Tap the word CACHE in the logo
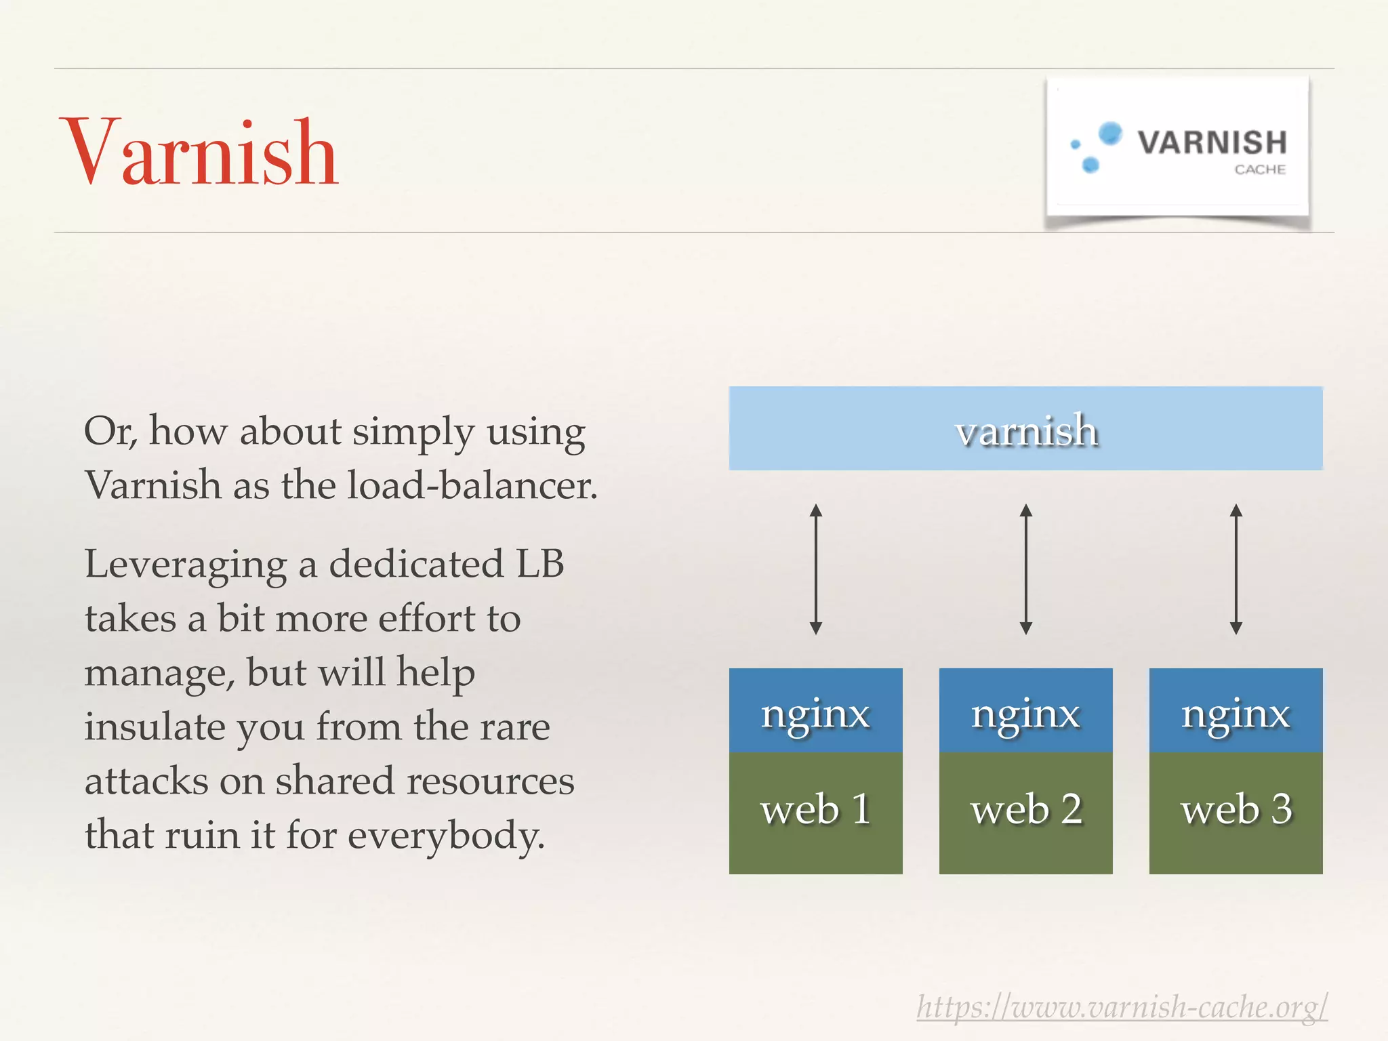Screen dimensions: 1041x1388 pos(1259,169)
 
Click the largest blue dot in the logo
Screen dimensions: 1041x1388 pos(1110,133)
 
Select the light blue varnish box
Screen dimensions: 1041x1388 pos(1025,428)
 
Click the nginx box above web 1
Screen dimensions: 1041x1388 pos(815,710)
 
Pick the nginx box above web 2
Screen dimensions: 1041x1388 pos(1025,710)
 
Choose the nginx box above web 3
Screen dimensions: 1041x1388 pos(1236,710)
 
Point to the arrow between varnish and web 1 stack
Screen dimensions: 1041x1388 pos(816,569)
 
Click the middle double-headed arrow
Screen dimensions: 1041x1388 pos(1026,569)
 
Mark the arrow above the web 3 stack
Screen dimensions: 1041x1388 pos(1236,569)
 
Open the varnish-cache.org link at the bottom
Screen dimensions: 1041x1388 pos(1122,1007)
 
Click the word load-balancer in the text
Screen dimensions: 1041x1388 pos(472,485)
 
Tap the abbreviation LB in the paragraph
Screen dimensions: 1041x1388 pos(540,564)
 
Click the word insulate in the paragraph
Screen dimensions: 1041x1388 pos(155,727)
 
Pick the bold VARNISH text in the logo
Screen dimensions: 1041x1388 pos(1212,142)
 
